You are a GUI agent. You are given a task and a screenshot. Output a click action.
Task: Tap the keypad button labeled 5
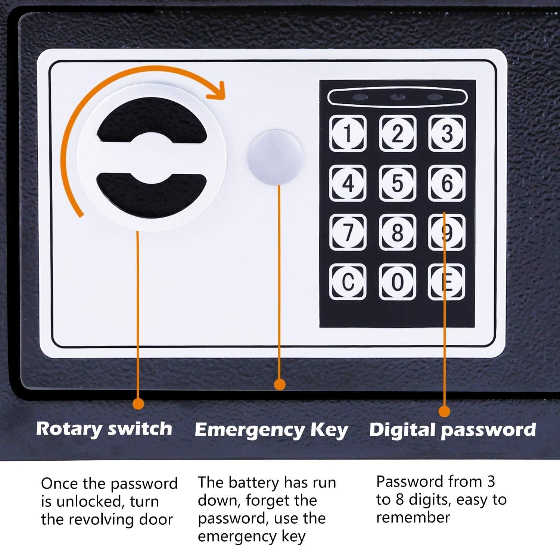[397, 183]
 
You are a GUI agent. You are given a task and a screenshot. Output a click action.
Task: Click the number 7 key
[348, 232]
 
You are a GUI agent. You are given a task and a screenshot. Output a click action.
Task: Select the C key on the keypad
[348, 282]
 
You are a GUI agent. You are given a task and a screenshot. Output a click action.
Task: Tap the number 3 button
[447, 133]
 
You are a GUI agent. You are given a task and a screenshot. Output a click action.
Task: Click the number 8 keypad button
[397, 232]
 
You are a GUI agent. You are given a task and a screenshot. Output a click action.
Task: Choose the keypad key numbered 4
[348, 183]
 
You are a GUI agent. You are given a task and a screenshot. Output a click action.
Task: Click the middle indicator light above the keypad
[397, 98]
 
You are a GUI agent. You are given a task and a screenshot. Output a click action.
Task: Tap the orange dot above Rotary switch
[138, 403]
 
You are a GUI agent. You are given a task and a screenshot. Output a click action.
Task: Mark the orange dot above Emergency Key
[280, 384]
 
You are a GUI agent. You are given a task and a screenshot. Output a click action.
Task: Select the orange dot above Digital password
[444, 411]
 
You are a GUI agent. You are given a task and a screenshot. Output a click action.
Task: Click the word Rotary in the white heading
[69, 429]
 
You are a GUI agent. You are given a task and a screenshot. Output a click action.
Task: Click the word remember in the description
[413, 517]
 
